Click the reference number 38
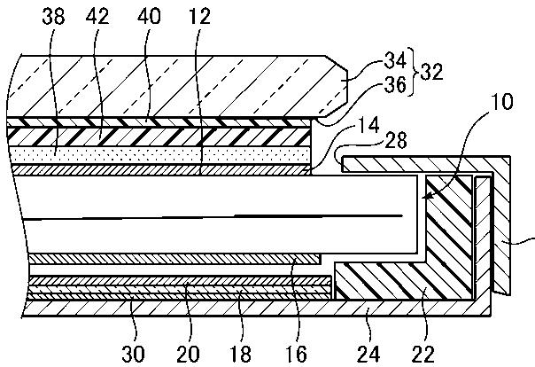53,17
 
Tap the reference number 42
97,16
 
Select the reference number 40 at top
149,16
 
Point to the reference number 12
200,16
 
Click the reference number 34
395,60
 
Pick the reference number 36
395,85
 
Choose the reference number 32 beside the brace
431,73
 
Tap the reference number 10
501,101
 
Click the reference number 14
368,125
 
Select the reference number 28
396,141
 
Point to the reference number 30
133,354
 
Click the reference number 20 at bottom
188,354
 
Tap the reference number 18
241,354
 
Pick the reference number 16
296,354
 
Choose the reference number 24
368,354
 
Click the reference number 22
423,354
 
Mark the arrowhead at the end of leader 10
427,197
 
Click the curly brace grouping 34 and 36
414,73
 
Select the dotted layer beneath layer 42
160,155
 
